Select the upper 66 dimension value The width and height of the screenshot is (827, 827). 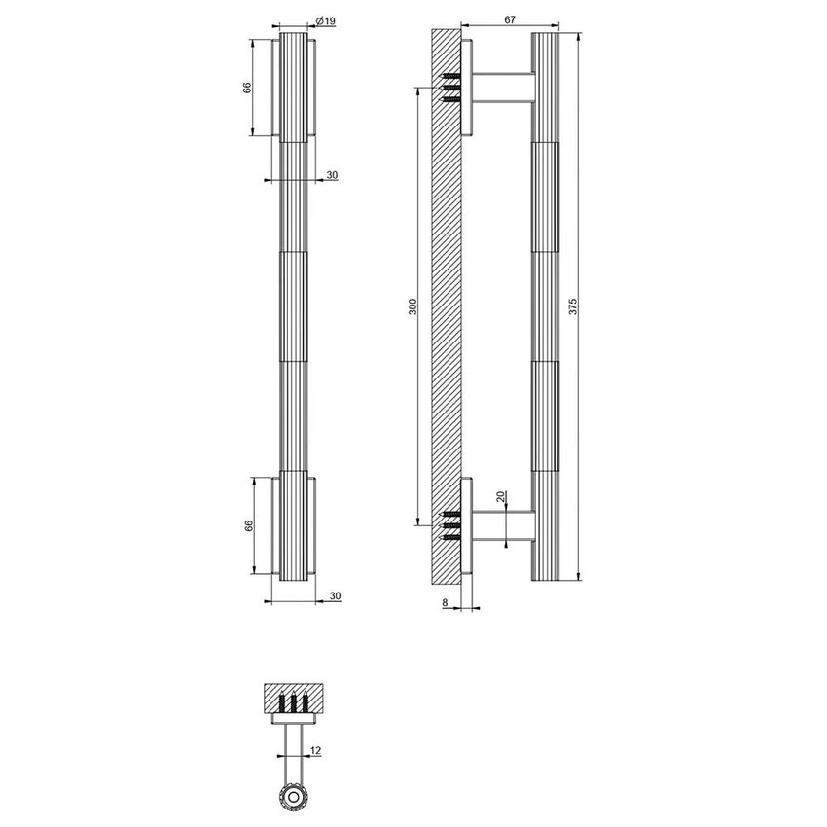(x=249, y=88)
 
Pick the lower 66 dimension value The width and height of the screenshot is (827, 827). (x=249, y=526)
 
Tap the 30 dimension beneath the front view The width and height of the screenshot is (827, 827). (x=334, y=595)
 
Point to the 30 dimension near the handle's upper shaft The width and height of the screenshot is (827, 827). (x=332, y=175)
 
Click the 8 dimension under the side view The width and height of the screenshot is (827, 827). (x=446, y=603)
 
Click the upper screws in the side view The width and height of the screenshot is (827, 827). (x=450, y=88)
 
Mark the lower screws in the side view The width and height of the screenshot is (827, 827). (x=450, y=526)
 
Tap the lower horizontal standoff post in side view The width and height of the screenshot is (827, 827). (x=503, y=526)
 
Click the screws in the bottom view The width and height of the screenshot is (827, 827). (x=293, y=702)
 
